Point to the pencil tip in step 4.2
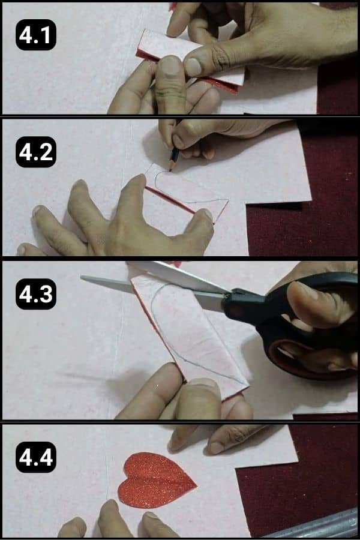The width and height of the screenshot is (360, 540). (170, 169)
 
